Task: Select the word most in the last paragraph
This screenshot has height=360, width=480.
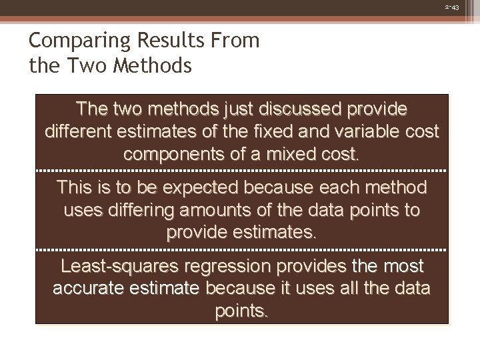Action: point(399,267)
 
